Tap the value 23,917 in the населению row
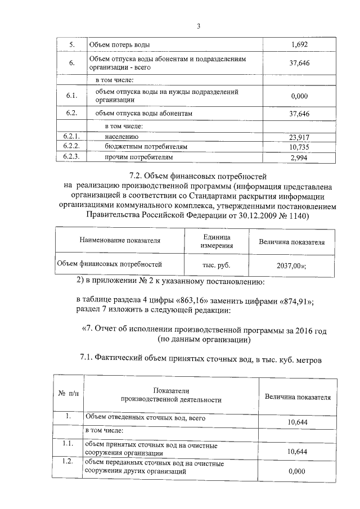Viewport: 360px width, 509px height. [300, 137]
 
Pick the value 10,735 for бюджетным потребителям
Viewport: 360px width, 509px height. [300, 147]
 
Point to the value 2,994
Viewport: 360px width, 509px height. [300, 158]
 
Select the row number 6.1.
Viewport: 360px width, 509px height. [71, 96]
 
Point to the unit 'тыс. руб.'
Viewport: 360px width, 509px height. [216, 263]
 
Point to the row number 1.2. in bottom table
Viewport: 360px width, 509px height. [67, 462]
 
